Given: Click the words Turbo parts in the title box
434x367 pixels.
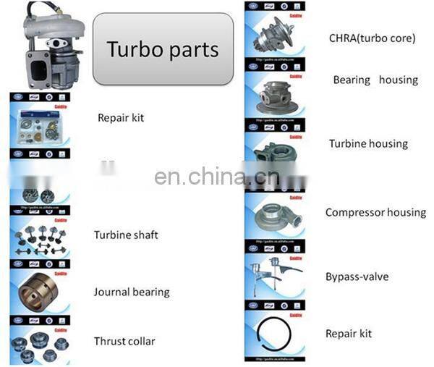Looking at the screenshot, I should click(162, 49).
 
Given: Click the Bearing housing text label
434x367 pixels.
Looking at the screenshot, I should click(375, 80).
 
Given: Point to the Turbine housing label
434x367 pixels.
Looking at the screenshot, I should click(368, 144).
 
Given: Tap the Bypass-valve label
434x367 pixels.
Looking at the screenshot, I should click(357, 277).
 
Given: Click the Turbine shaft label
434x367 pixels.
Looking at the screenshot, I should click(125, 235).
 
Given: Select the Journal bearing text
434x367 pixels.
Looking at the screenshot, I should click(131, 292).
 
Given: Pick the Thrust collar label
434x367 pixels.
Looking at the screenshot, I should click(124, 341).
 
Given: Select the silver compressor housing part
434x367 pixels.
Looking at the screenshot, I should click(273, 216).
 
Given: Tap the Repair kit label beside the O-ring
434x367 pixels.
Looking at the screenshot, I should click(348, 334).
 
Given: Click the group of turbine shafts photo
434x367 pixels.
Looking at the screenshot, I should click(39, 237).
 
